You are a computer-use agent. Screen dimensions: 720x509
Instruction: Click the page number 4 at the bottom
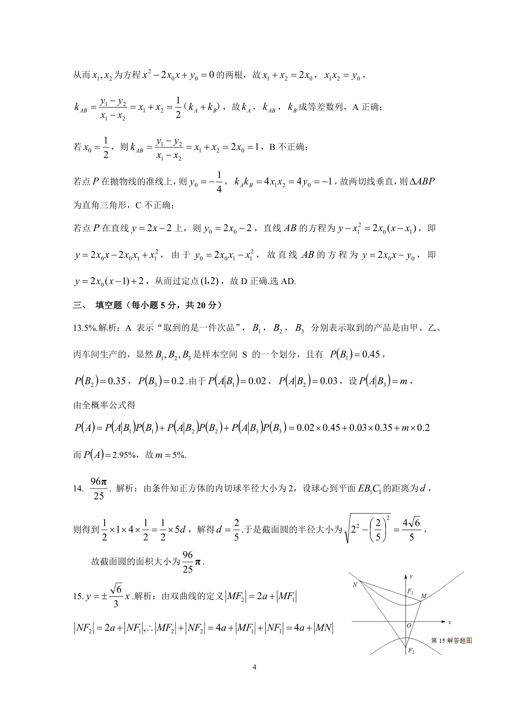pos(254,667)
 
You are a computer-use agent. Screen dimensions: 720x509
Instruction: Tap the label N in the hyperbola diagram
pos(355,585)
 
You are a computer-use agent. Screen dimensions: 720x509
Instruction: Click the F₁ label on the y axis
pos(410,591)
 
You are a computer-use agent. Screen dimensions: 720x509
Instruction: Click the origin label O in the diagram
pos(409,625)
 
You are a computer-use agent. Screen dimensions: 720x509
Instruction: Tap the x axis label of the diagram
pos(449,622)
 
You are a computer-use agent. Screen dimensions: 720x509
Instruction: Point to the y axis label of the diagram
pos(411,576)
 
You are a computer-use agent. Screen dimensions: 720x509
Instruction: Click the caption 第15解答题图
pos(451,640)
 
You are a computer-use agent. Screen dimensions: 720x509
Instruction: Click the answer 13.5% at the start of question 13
pos(85,328)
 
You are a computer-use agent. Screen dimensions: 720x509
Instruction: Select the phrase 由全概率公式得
pos(104,405)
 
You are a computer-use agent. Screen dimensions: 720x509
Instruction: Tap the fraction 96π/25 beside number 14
pos(99,488)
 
